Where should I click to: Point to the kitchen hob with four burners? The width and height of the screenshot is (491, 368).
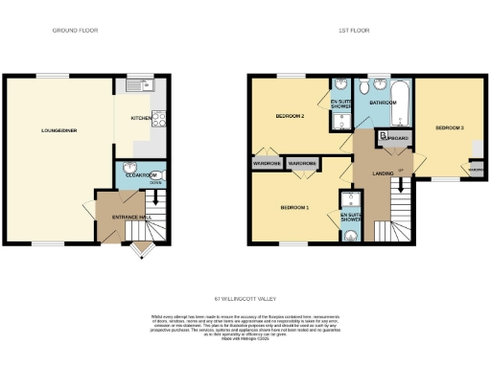[160, 120]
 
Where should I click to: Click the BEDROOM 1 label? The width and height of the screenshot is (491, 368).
[293, 207]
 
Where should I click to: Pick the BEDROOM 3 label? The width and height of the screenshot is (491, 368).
[449, 127]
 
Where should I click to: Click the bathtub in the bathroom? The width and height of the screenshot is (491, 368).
[400, 106]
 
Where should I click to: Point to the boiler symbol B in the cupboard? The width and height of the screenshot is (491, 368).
[384, 137]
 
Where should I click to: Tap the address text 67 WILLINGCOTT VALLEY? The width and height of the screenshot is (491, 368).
[245, 300]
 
